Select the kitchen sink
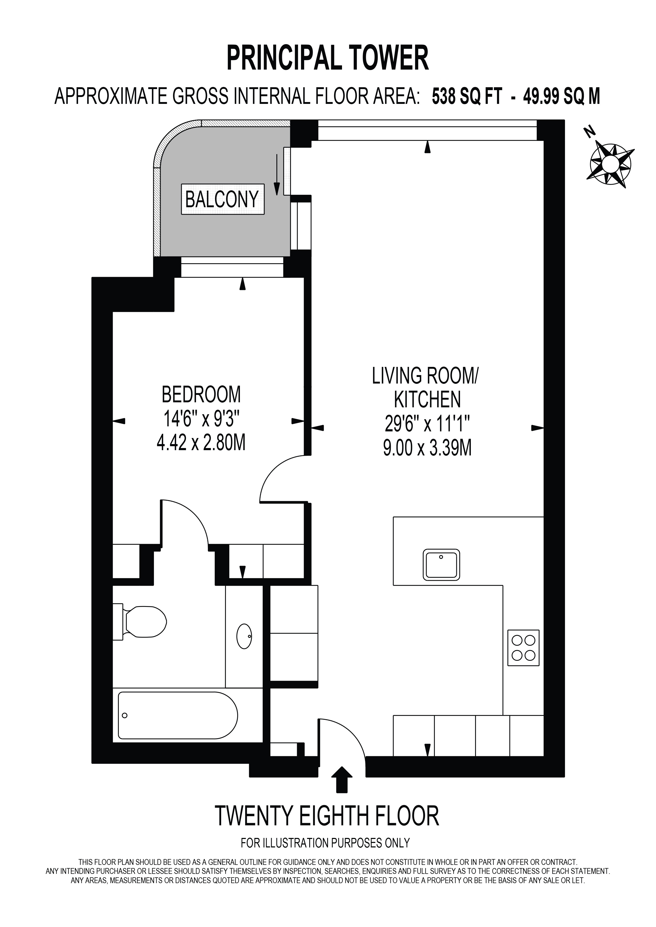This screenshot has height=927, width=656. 441,564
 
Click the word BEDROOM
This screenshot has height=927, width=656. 201,394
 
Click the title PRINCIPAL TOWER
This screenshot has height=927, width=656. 327,58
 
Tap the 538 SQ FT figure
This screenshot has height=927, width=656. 467,97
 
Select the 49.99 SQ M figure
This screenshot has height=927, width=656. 562,97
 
